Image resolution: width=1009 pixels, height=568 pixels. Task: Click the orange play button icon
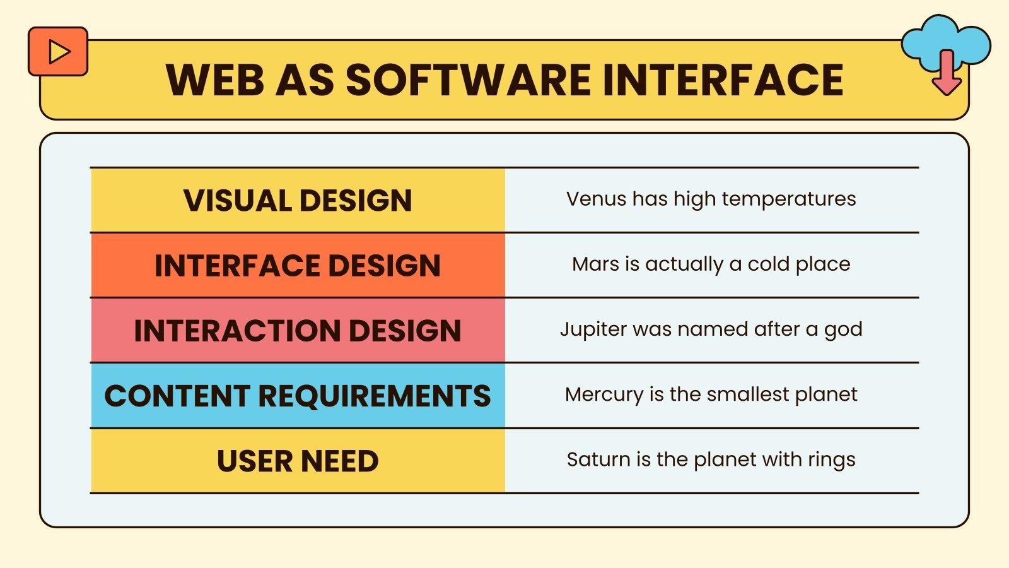click(58, 52)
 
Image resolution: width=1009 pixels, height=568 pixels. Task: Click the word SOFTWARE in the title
click(469, 80)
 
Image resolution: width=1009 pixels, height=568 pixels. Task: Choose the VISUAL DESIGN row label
click(298, 201)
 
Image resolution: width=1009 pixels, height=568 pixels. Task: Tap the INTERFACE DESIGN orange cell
click(298, 266)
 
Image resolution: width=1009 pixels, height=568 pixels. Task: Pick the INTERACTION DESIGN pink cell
click(298, 331)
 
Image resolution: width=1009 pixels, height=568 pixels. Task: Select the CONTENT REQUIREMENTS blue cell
click(298, 396)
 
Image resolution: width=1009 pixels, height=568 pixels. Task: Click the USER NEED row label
click(298, 461)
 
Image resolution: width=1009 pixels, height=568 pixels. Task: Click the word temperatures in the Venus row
click(789, 199)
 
